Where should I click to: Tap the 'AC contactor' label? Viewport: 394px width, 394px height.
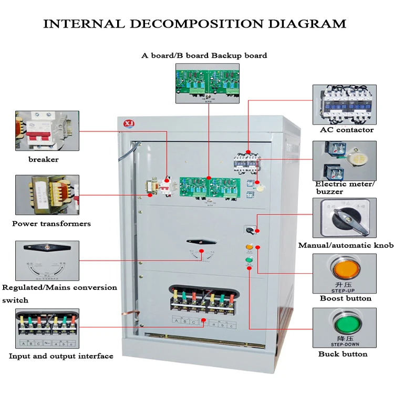click(346, 130)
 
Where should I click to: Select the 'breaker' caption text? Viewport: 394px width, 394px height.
click(44, 159)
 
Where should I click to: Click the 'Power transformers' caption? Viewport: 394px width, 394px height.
click(51, 224)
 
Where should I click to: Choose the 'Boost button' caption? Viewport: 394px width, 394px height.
click(345, 298)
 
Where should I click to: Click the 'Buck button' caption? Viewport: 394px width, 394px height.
click(343, 354)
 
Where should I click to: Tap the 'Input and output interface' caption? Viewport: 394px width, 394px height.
click(61, 356)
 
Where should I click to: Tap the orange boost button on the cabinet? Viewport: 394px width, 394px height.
click(249, 246)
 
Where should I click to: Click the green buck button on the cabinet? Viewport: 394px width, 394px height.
click(249, 260)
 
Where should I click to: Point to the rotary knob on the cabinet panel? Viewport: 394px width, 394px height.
click(248, 230)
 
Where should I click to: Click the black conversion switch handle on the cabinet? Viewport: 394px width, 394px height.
click(201, 242)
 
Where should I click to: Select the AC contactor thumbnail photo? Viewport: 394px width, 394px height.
click(345, 104)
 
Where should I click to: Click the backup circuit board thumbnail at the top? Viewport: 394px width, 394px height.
click(207, 83)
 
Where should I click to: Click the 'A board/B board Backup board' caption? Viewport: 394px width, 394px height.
click(204, 55)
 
